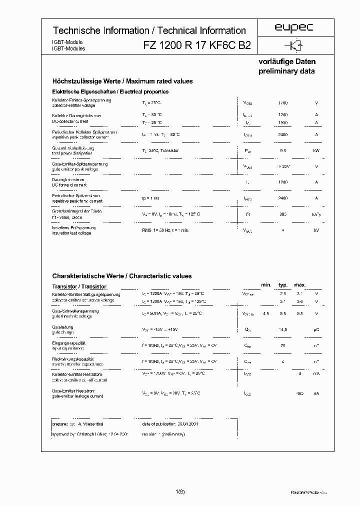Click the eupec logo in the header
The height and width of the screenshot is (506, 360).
294,29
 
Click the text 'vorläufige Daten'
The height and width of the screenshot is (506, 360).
286,62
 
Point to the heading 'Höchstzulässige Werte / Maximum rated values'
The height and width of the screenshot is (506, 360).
122,81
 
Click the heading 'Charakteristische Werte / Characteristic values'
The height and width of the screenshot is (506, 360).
122,276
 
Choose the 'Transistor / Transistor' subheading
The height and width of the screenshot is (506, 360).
79,286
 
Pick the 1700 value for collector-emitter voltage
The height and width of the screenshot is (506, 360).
283,102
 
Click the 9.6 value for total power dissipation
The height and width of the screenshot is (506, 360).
283,150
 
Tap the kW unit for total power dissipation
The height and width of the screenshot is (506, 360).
316,150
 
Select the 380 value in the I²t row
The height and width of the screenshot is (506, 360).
283,214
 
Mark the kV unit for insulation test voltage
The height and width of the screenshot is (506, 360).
316,230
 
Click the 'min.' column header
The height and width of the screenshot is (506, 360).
266,285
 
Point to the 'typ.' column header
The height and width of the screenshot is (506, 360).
283,285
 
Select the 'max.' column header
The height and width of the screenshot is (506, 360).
300,285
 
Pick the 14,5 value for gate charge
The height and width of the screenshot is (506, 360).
283,329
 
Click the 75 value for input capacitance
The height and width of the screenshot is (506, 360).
283,345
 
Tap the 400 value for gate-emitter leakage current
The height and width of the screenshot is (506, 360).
299,393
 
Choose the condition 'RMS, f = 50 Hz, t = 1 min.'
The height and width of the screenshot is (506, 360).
165,230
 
